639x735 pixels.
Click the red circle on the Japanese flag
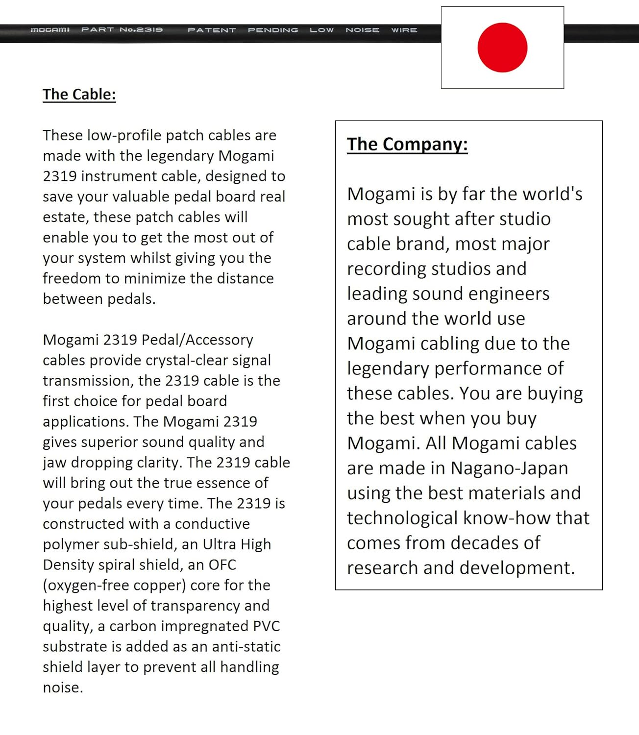(x=502, y=48)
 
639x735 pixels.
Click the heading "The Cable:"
(x=79, y=94)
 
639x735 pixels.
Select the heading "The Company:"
(x=407, y=144)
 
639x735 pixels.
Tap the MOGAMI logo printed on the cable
(x=50, y=30)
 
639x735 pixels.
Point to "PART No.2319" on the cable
(x=122, y=30)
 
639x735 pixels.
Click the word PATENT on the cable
(x=212, y=30)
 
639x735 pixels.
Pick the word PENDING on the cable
(x=273, y=30)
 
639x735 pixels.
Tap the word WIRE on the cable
(x=404, y=30)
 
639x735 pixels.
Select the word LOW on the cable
(x=321, y=30)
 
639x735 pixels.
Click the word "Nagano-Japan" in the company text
(x=509, y=468)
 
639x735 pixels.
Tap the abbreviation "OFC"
(x=222, y=564)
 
